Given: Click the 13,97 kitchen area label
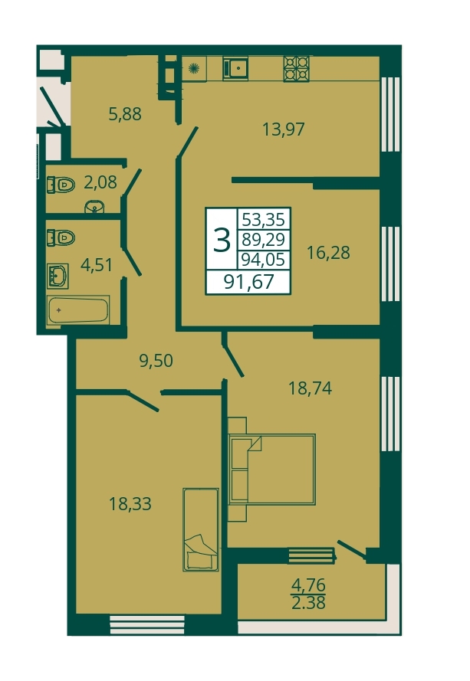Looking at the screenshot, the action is tap(284, 129).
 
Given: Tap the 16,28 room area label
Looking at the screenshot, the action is tap(328, 252).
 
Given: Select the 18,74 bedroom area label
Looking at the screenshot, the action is tap(311, 388).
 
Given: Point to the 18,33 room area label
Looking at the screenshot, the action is tap(130, 504).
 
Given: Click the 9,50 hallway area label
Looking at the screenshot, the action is tap(156, 361).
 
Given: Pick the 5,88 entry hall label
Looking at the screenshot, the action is tap(125, 114).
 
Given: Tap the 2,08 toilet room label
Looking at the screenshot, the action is tap(100, 182).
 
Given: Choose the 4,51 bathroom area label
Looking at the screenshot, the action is tap(97, 265).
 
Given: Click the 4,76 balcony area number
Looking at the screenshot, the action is tap(308, 585).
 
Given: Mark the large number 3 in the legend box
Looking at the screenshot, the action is tap(222, 241).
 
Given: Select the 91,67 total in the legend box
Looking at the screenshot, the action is tap(248, 282).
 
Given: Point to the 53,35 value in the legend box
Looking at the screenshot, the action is tap(264, 219).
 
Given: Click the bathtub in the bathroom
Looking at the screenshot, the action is tap(78, 309).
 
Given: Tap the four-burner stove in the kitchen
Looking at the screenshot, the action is tap(297, 69).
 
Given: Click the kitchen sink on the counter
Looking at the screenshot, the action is tap(235, 69).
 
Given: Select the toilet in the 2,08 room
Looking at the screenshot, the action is tap(61, 185).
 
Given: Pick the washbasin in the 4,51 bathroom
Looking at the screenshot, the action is tap(58, 276).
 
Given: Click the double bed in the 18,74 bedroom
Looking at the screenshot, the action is tap(271, 470).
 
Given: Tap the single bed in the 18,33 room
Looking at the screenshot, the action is tap(200, 529).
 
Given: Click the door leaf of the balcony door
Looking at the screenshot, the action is tap(351, 549).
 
